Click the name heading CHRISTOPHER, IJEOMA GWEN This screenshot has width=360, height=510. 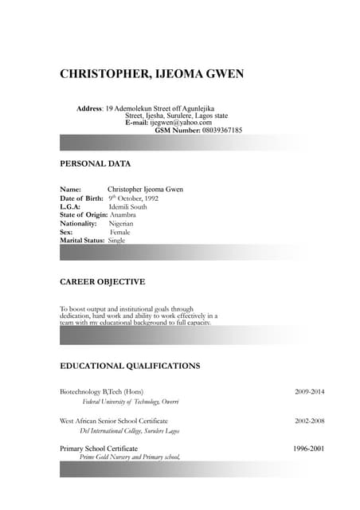point(152,75)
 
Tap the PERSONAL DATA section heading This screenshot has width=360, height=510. point(96,163)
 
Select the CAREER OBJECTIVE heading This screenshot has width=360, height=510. point(103,282)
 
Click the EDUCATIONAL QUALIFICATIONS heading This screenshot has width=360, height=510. point(130,366)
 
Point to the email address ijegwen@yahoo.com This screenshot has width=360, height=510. point(181,123)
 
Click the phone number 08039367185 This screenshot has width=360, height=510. point(222,130)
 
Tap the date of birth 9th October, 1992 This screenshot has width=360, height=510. point(134,198)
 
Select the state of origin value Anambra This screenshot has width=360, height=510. point(123,214)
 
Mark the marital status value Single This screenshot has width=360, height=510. point(117,240)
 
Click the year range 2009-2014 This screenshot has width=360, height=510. point(310,392)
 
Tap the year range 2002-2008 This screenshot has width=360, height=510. point(310,420)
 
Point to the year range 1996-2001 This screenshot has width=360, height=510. point(310,449)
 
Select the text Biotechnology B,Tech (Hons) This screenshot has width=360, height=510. point(102,392)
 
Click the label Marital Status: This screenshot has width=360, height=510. point(82,240)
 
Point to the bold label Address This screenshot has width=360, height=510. point(89,108)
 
